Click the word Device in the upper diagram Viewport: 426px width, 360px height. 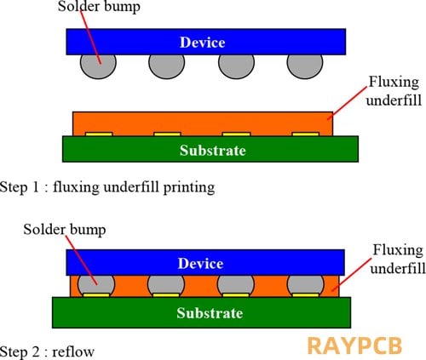pyautogui.click(x=203, y=43)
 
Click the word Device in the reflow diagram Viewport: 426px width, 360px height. pyautogui.click(x=200, y=263)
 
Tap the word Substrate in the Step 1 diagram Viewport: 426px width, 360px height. pyautogui.click(x=213, y=150)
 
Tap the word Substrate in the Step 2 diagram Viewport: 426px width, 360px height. pyautogui.click(x=210, y=313)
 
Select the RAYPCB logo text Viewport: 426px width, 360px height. pyautogui.click(x=354, y=346)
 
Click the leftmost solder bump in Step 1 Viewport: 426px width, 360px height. pyautogui.click(x=98, y=66)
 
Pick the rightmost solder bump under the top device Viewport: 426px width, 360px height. pyautogui.click(x=305, y=66)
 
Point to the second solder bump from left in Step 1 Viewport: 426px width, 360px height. pyautogui.click(x=167, y=66)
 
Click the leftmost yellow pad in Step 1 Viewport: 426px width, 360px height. pyautogui.click(x=99, y=134)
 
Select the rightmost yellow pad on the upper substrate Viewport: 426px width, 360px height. pyautogui.click(x=306, y=134)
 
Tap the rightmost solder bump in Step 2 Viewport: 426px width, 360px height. pyautogui.click(x=305, y=285)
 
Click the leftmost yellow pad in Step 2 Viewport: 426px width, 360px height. pyautogui.click(x=96, y=295)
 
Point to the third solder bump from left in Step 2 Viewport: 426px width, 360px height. pyautogui.click(x=236, y=285)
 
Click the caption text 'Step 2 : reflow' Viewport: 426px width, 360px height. pyautogui.click(x=47, y=351)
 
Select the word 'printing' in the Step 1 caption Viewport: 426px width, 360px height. pyautogui.click(x=189, y=188)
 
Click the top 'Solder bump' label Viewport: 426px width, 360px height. pyautogui.click(x=99, y=7)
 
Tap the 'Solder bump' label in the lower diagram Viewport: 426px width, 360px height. pyautogui.click(x=65, y=230)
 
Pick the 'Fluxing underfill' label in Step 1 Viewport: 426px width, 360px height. pyautogui.click(x=394, y=91)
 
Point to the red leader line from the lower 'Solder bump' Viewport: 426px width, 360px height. pyautogui.click(x=82, y=260)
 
